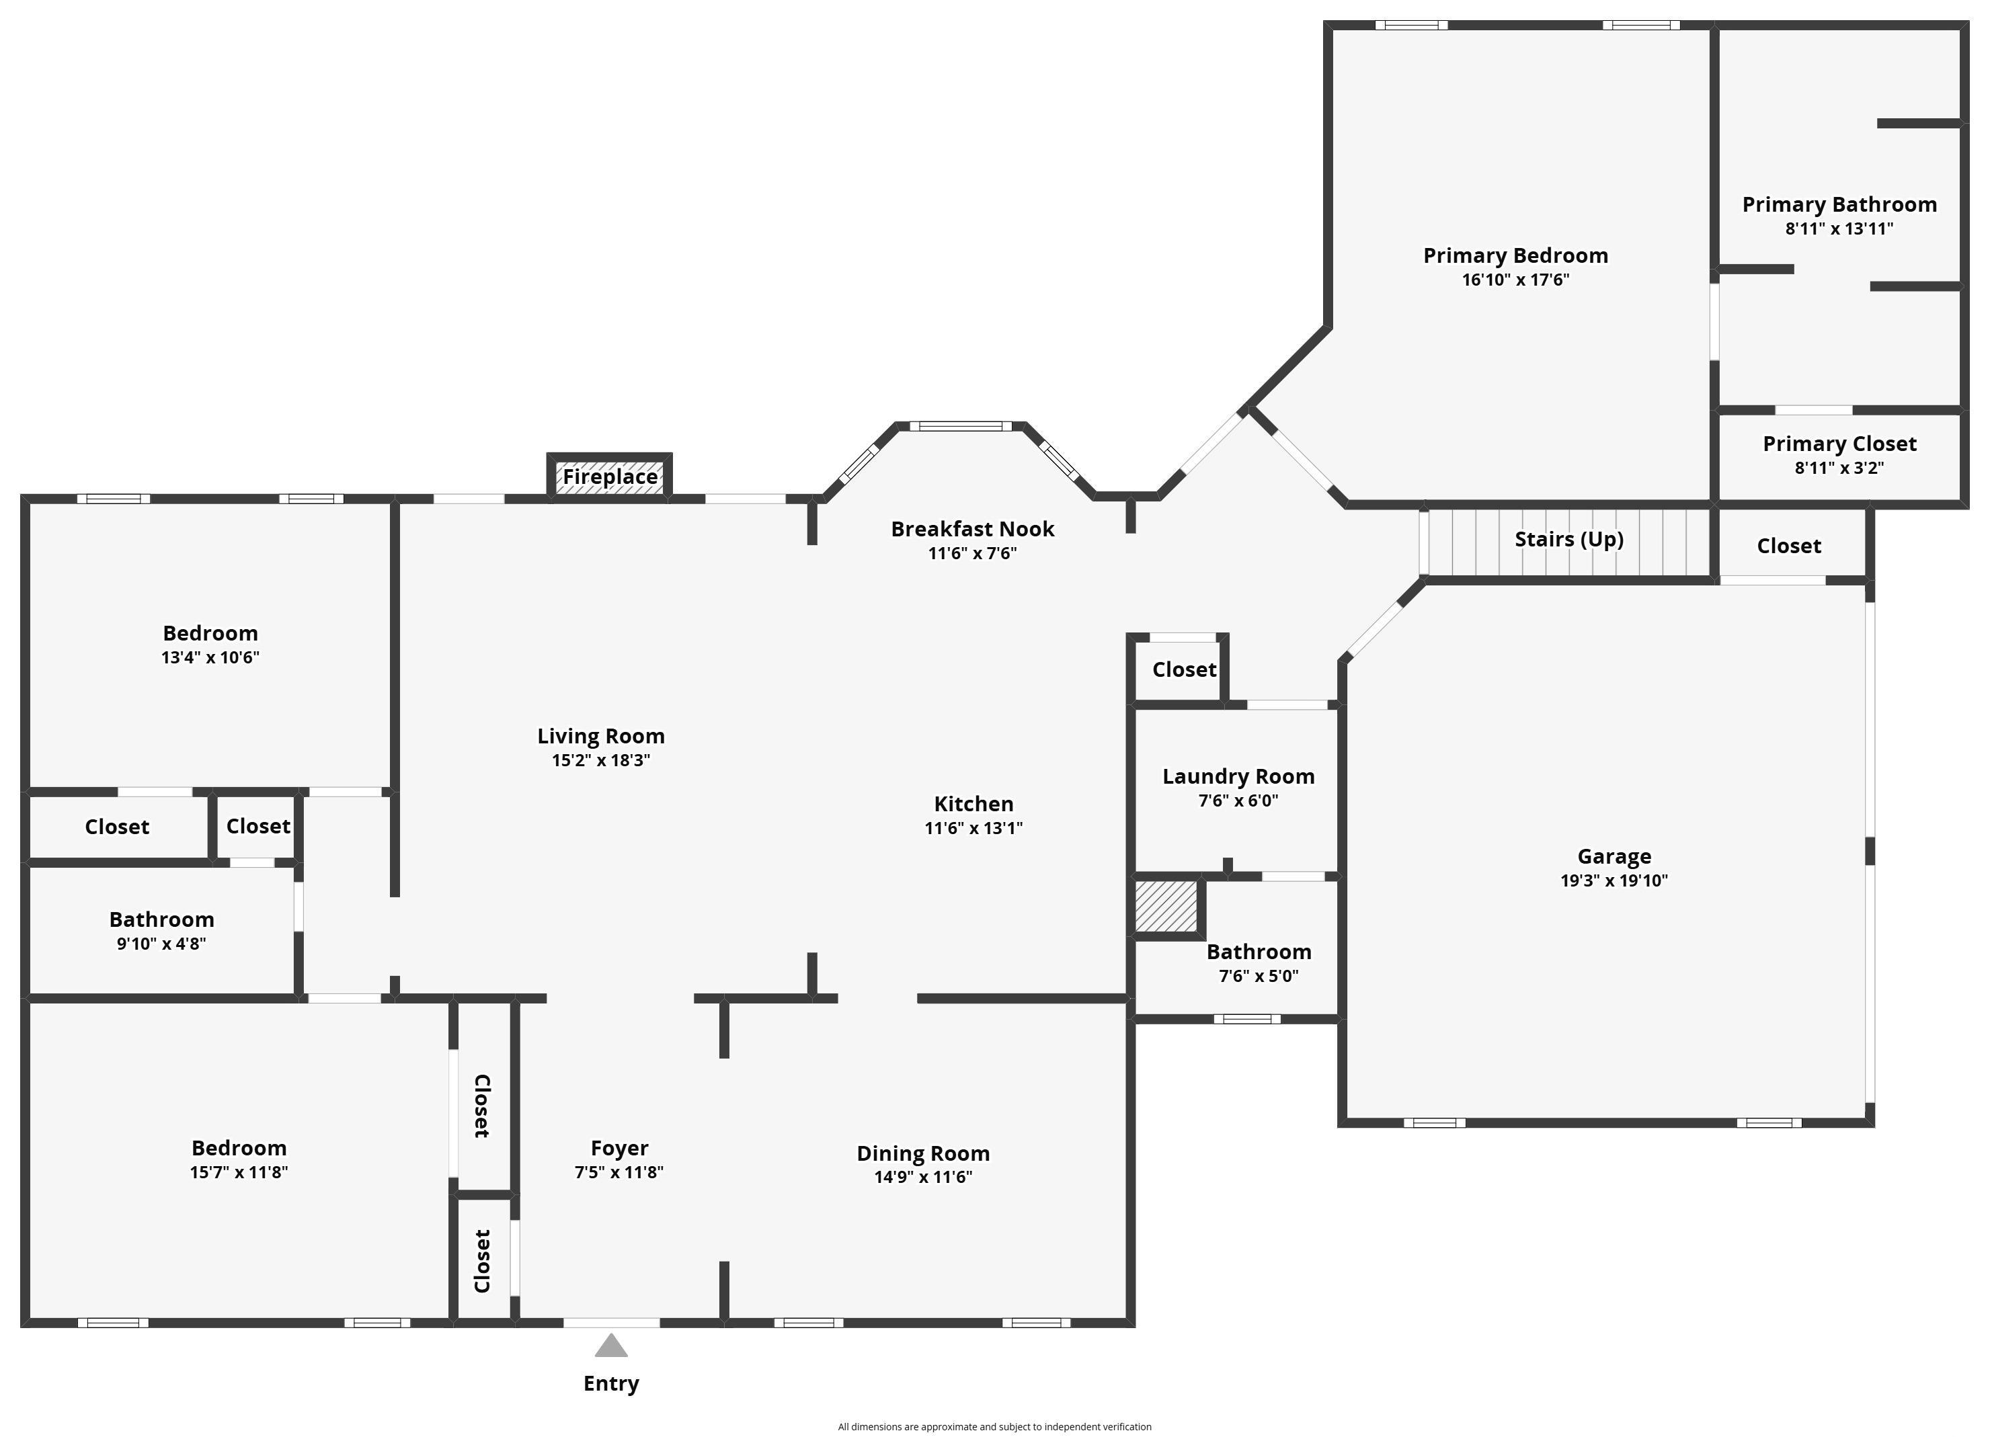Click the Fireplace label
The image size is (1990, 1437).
pos(610,477)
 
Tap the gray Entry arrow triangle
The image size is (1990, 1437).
pos(612,1346)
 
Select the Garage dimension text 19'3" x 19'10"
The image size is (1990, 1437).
pos(1614,880)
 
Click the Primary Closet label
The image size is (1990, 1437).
pos(1839,444)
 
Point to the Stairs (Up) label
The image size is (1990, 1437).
pos(1569,538)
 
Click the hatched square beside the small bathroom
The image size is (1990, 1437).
pos(1166,906)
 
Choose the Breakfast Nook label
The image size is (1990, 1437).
pos(972,529)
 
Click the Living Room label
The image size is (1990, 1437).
pos(601,736)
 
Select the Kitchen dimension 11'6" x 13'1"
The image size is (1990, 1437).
pos(973,828)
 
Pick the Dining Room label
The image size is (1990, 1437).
pos(923,1153)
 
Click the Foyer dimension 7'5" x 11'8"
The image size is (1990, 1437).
pos(619,1172)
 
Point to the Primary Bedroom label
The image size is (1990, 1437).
pos(1515,255)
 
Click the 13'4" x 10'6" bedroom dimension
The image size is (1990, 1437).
pos(210,657)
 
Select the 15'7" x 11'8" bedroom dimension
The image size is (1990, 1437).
pos(239,1172)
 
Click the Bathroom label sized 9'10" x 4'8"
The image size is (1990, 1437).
pos(161,919)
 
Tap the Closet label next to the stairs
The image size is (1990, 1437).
pos(1789,546)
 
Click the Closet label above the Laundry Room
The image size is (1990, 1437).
pos(1185,669)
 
